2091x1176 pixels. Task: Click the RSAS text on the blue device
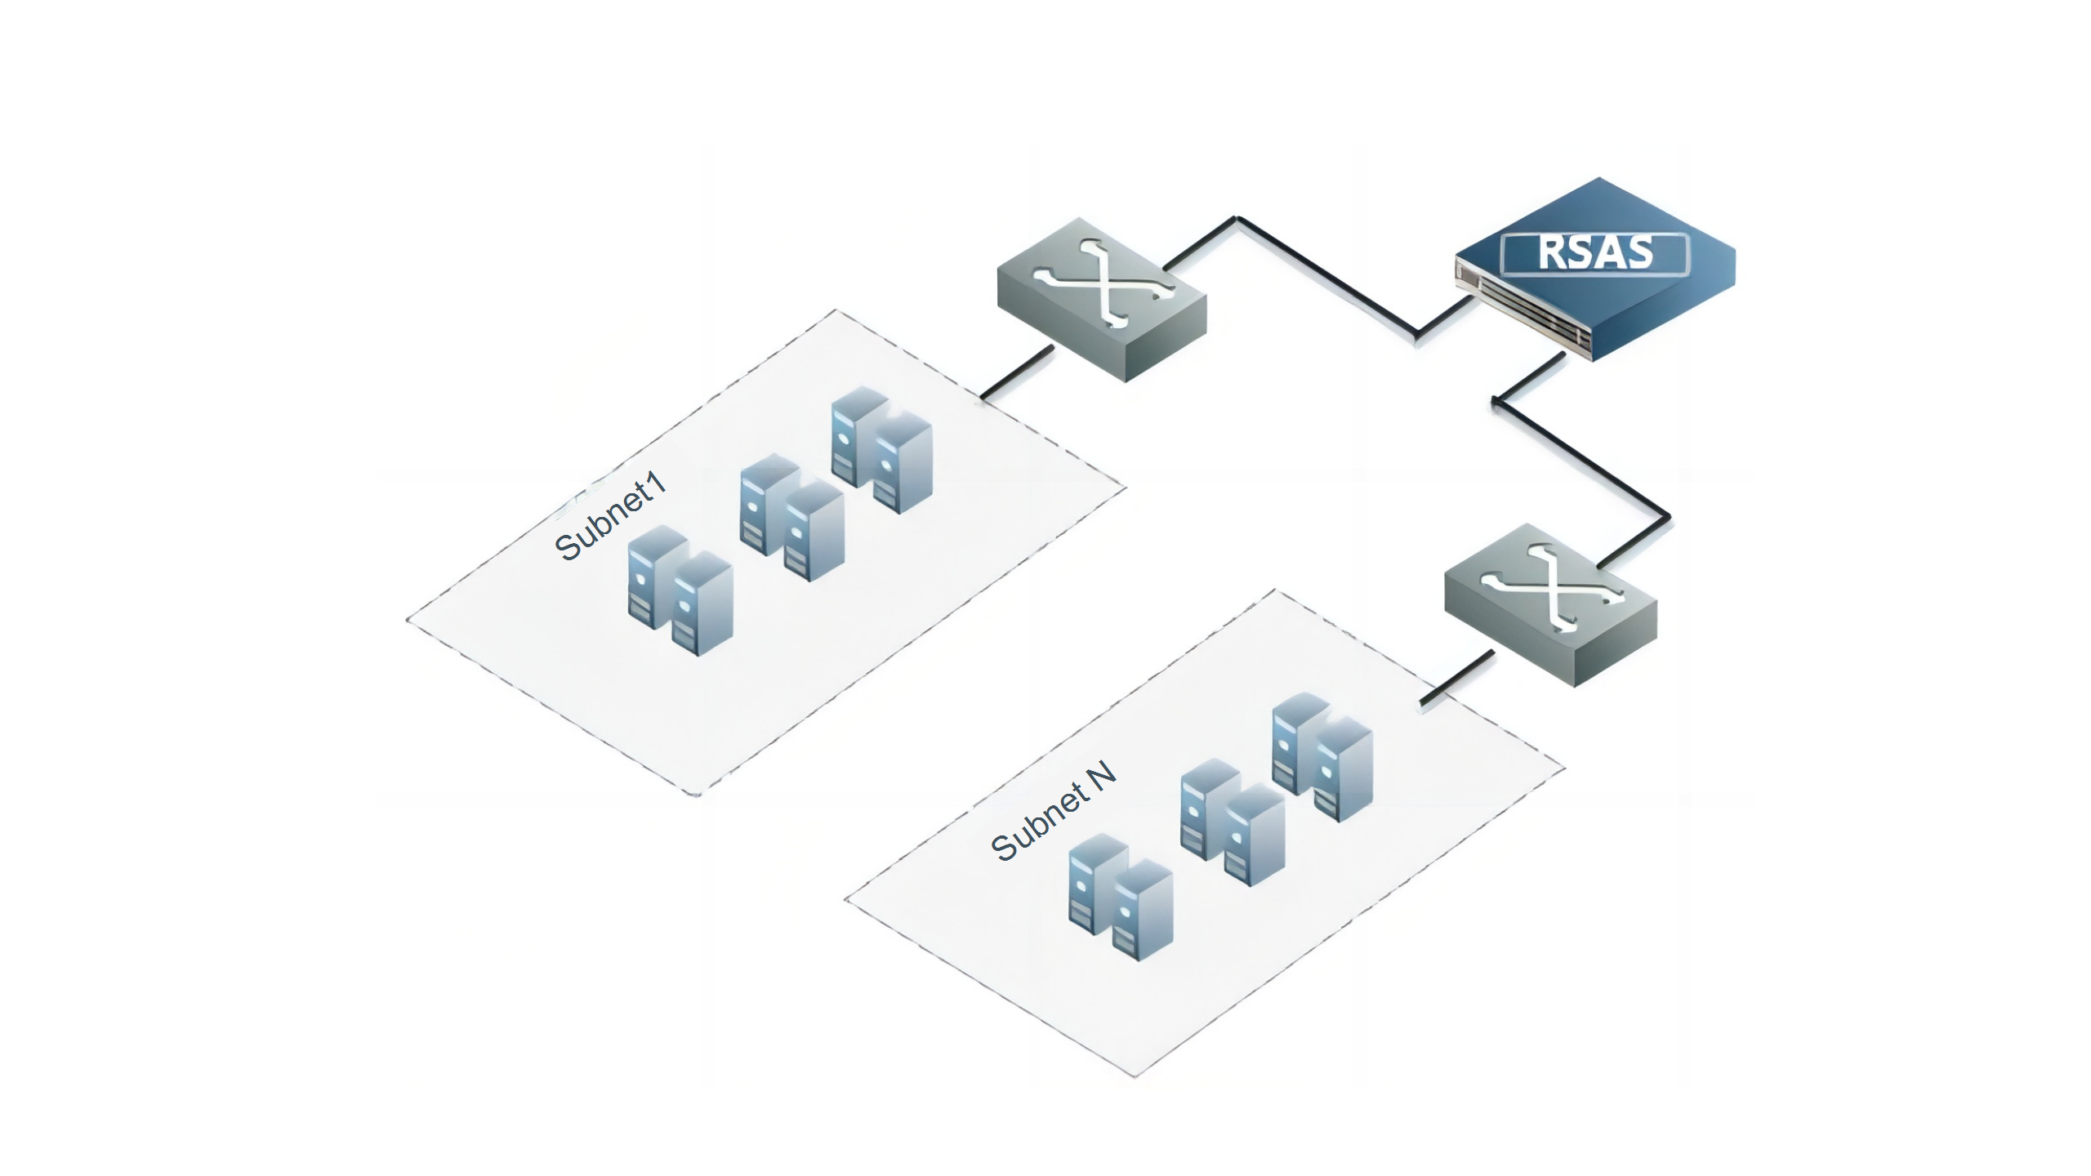1595,252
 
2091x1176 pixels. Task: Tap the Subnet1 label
610,516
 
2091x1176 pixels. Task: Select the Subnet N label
1053,810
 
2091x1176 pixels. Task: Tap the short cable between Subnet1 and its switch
1017,373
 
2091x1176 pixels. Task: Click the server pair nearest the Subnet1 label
680,590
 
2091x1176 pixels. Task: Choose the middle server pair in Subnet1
791,518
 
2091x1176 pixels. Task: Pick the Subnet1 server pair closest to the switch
881,450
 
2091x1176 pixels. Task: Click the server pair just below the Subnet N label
1121,897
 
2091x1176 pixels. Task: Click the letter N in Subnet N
1102,775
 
